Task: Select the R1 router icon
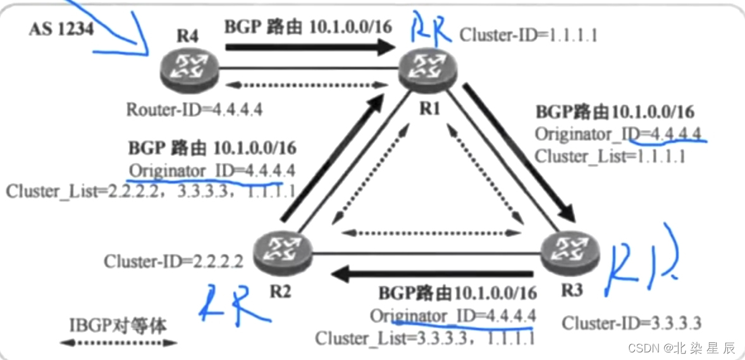[x=431, y=71]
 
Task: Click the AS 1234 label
[x=61, y=30]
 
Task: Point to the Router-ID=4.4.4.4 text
[x=194, y=109]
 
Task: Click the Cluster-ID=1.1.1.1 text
[x=528, y=35]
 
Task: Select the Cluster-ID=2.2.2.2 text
[x=173, y=261]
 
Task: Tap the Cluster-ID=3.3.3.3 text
[x=631, y=323]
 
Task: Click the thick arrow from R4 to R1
[x=310, y=46]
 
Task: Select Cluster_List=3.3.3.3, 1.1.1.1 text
[x=425, y=338]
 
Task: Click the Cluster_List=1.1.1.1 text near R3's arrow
[x=610, y=156]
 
